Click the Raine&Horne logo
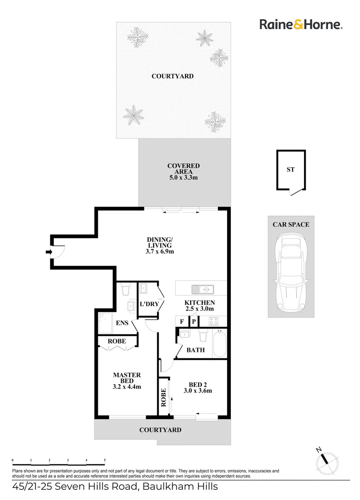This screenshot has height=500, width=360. pyautogui.click(x=300, y=24)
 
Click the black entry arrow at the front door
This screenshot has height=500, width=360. pyautogui.click(x=48, y=252)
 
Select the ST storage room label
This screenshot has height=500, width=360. pyautogui.click(x=290, y=169)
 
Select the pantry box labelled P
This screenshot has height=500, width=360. pyautogui.click(x=194, y=321)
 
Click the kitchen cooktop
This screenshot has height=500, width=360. pyautogui.click(x=214, y=320)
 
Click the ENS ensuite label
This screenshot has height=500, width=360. pyautogui.click(x=122, y=323)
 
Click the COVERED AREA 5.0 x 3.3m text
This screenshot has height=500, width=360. pyautogui.click(x=183, y=177)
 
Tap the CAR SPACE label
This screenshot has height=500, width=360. pyautogui.click(x=291, y=225)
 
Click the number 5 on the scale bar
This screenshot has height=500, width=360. pyautogui.click(x=105, y=460)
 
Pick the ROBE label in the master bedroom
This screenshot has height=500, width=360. pyautogui.click(x=117, y=341)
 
